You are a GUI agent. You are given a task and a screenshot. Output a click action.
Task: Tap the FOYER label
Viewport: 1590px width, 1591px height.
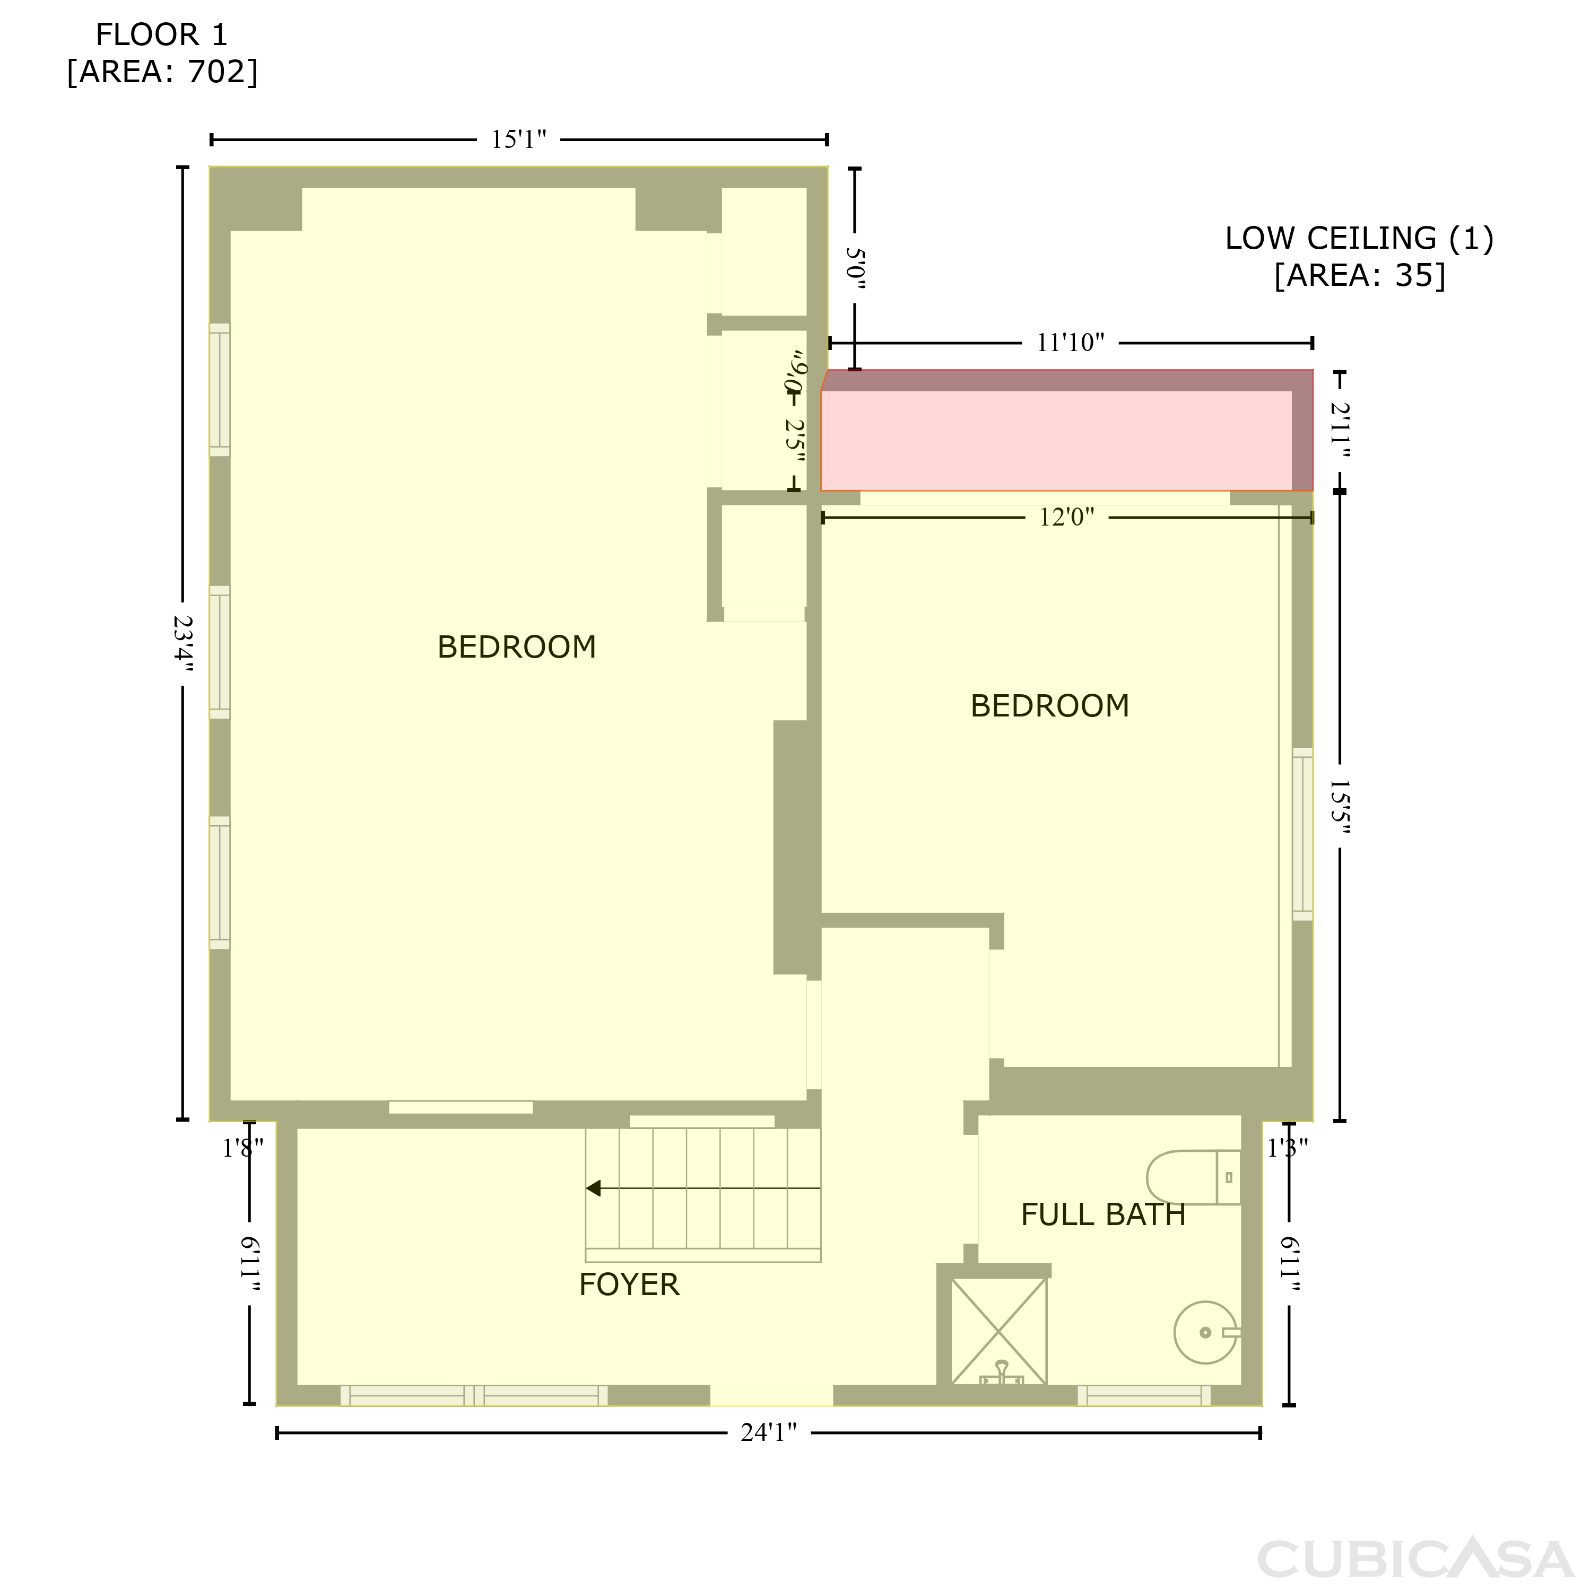click(x=629, y=1284)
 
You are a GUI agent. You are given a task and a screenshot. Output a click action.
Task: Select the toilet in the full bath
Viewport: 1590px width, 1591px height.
click(x=1194, y=1177)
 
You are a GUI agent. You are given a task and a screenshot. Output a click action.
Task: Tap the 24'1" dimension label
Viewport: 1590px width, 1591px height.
click(x=769, y=1433)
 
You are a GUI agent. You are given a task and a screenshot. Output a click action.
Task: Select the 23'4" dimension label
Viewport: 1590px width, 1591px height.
click(x=183, y=644)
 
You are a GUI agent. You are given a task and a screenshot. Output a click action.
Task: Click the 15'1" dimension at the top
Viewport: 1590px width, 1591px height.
click(x=519, y=140)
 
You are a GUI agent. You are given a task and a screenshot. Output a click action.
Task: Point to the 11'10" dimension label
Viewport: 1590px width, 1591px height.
click(x=1070, y=343)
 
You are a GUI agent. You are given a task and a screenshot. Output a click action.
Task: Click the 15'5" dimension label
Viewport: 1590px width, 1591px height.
click(x=1340, y=807)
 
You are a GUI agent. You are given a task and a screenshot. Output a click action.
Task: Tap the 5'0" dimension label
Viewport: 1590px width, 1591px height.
click(x=856, y=269)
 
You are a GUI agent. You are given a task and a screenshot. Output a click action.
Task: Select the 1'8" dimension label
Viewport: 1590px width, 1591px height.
click(x=243, y=1148)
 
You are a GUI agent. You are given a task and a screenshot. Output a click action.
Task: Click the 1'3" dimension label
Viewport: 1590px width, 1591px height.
click(x=1288, y=1148)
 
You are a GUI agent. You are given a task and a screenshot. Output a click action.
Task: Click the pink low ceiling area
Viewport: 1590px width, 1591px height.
click(x=1056, y=441)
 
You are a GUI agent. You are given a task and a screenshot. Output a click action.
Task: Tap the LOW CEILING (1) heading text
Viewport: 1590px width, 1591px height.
click(x=1359, y=238)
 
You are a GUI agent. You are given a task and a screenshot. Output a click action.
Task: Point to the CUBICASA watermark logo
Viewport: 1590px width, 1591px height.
click(x=1415, y=1558)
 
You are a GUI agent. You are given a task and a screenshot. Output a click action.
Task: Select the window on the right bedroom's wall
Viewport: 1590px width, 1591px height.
click(x=1302, y=834)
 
